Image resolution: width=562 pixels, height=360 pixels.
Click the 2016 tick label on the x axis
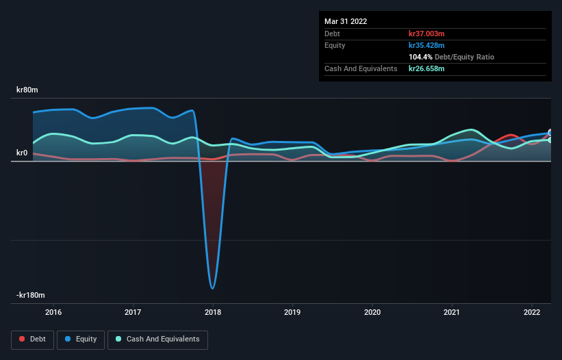pyautogui.click(x=53, y=313)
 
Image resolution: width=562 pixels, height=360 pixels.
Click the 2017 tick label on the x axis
pyautogui.click(x=133, y=313)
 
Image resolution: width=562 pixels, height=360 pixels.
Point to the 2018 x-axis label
pyautogui.click(x=213, y=313)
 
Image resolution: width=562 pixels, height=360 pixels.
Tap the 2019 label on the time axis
pyautogui.click(x=292, y=313)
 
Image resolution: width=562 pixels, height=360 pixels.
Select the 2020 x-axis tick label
pyautogui.click(x=372, y=313)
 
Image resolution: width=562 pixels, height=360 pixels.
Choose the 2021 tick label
pyautogui.click(x=452, y=313)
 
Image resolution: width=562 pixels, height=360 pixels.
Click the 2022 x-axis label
pyautogui.click(x=532, y=313)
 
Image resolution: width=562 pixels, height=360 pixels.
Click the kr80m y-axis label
pyautogui.click(x=27, y=90)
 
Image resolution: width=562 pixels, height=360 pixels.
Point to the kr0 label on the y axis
pyautogui.click(x=22, y=153)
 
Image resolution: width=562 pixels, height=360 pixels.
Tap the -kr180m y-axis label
pyautogui.click(x=31, y=295)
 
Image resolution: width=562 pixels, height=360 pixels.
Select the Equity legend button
pyautogui.click(x=81, y=339)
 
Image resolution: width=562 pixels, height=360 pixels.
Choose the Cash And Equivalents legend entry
pyautogui.click(x=157, y=339)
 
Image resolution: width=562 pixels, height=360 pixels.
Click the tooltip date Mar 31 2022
pyautogui.click(x=346, y=21)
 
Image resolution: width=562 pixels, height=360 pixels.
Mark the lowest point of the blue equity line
pyautogui.click(x=213, y=288)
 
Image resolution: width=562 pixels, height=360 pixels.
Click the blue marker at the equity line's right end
pyautogui.click(x=550, y=133)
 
